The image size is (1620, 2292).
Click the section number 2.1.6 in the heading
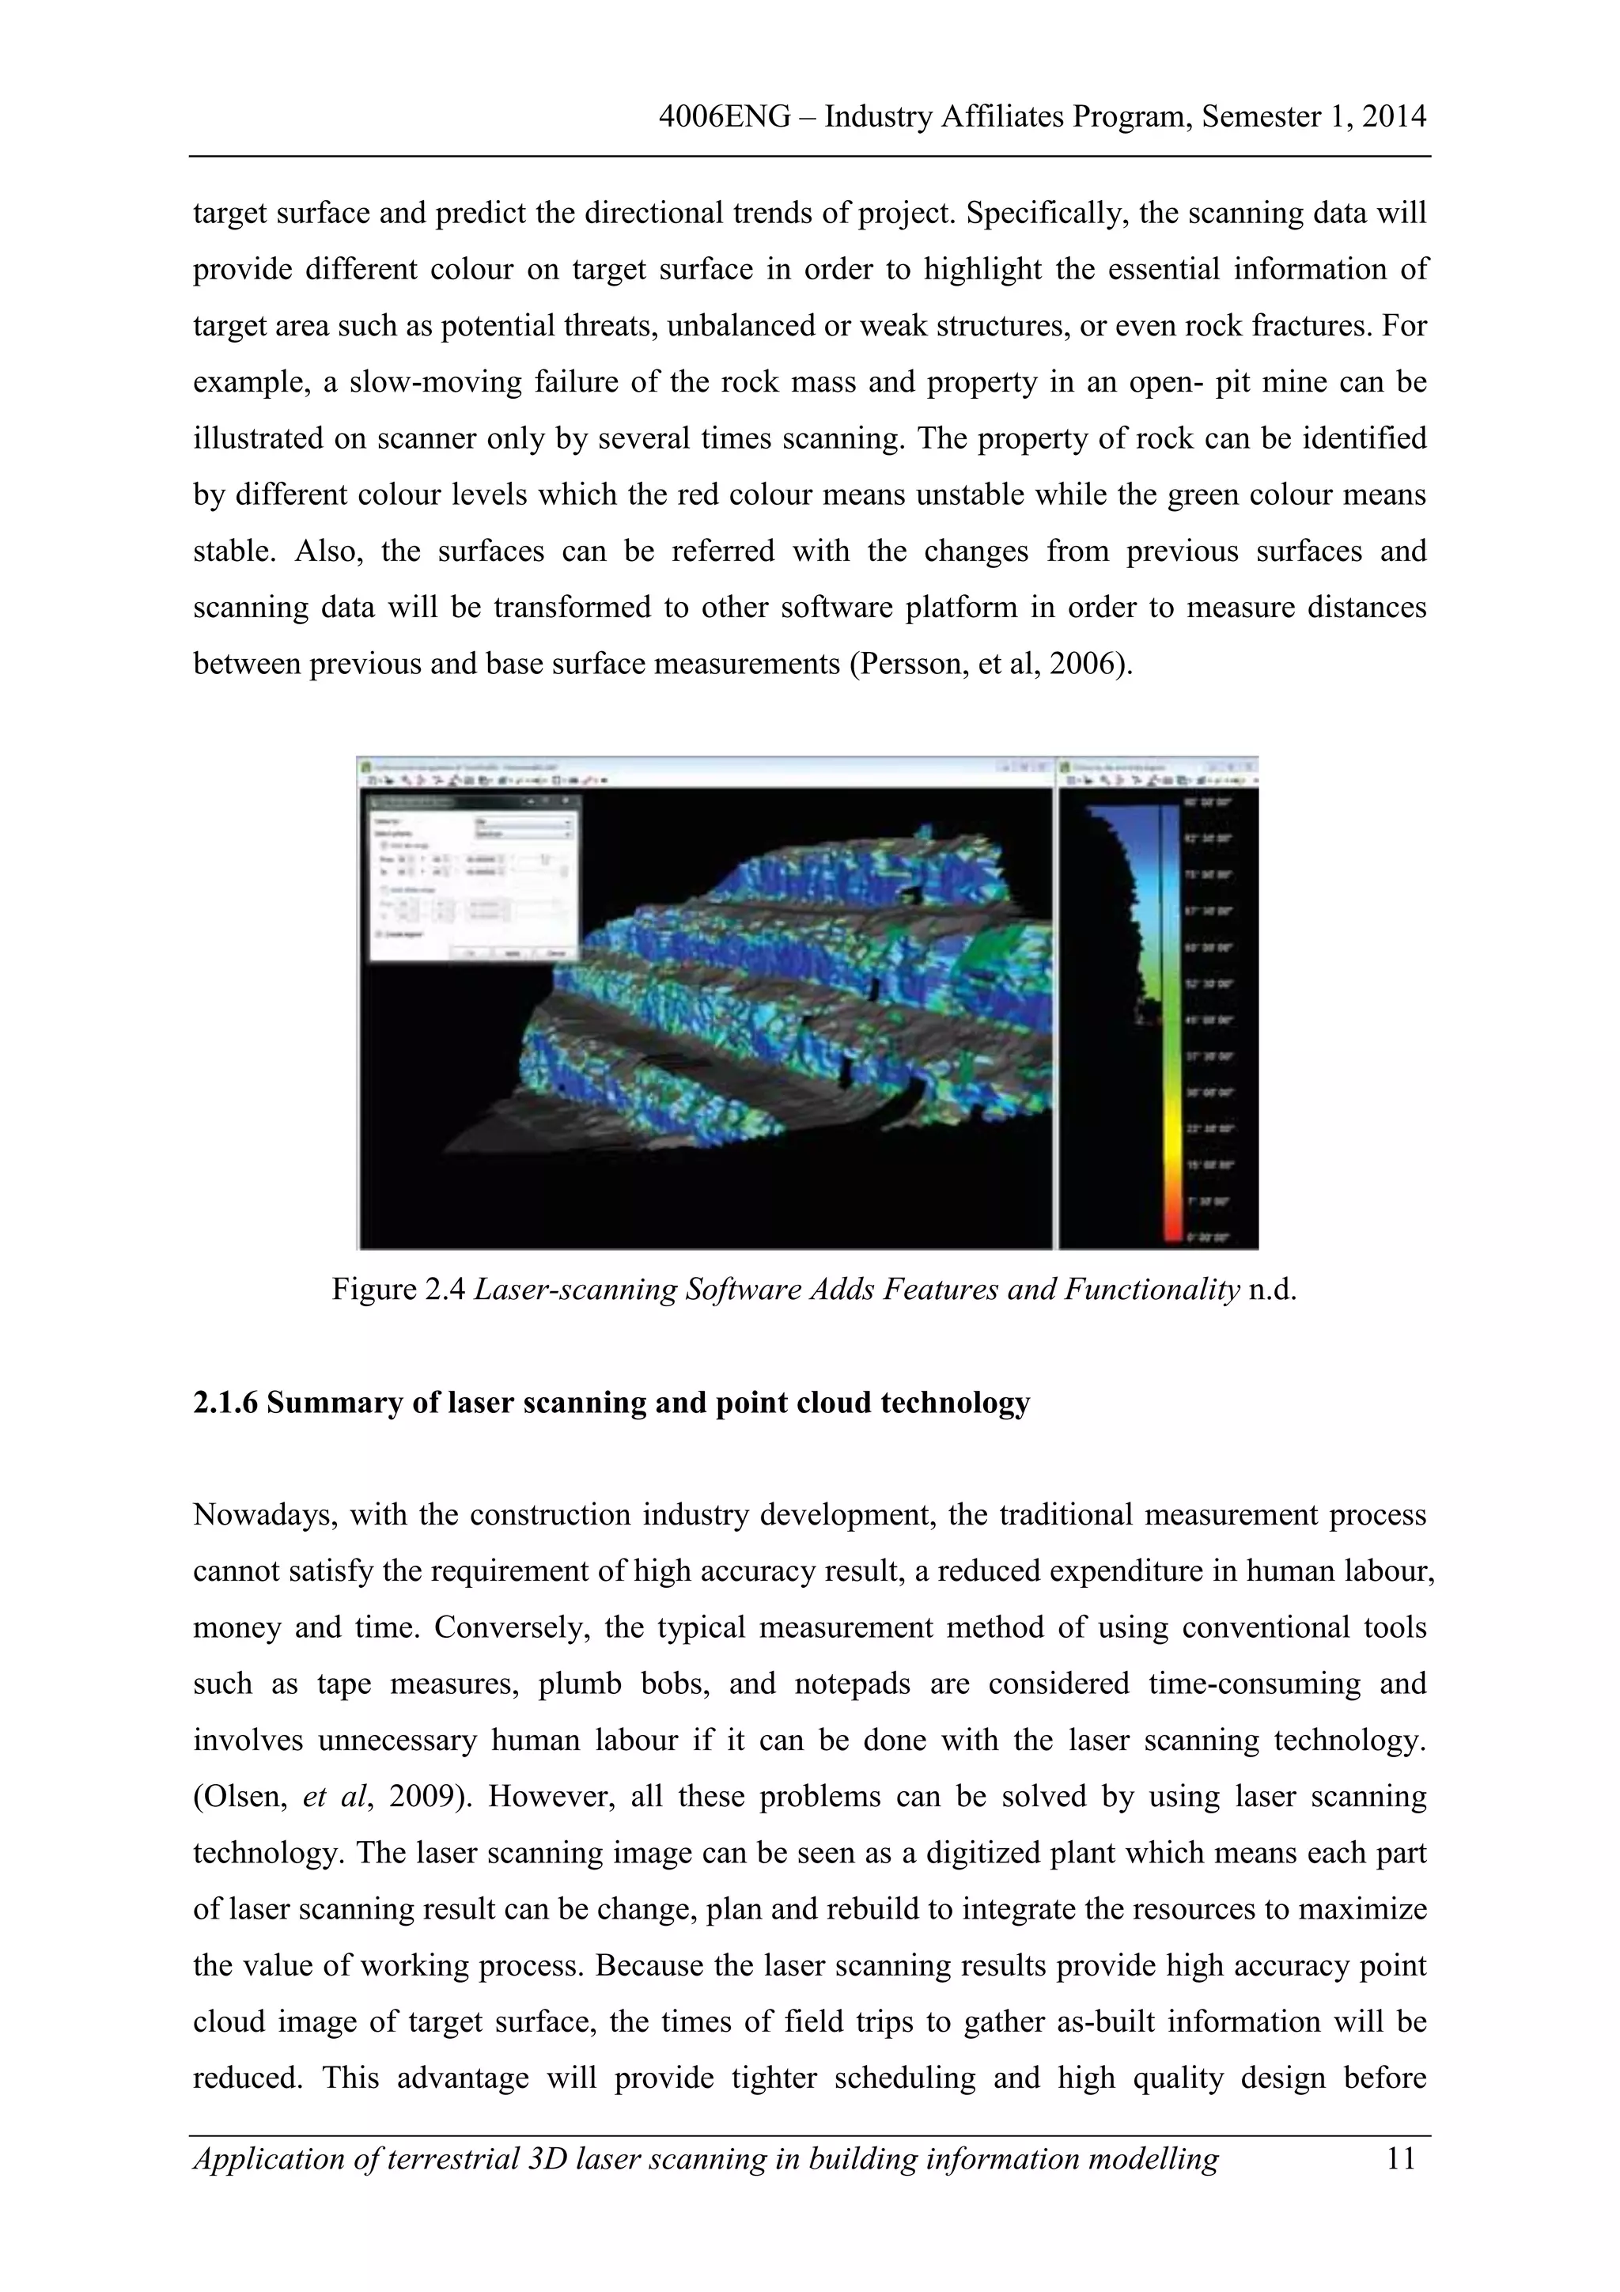tap(225, 1403)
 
